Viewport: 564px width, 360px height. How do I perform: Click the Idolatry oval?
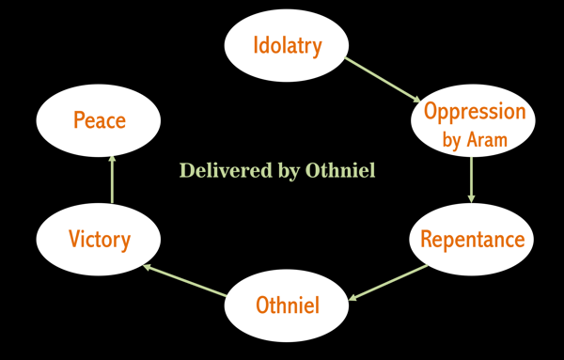[287, 45]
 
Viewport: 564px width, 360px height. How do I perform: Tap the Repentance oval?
[472, 239]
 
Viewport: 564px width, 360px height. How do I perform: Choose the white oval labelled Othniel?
[288, 305]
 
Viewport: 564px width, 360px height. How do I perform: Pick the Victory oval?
[99, 239]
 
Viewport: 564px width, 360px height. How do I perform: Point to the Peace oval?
[99, 120]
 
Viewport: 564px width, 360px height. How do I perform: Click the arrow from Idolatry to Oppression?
[384, 80]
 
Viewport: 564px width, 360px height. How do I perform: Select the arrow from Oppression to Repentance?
[472, 180]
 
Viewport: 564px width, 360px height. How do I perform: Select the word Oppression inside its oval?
[475, 112]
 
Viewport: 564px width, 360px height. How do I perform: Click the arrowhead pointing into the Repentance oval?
[472, 197]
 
